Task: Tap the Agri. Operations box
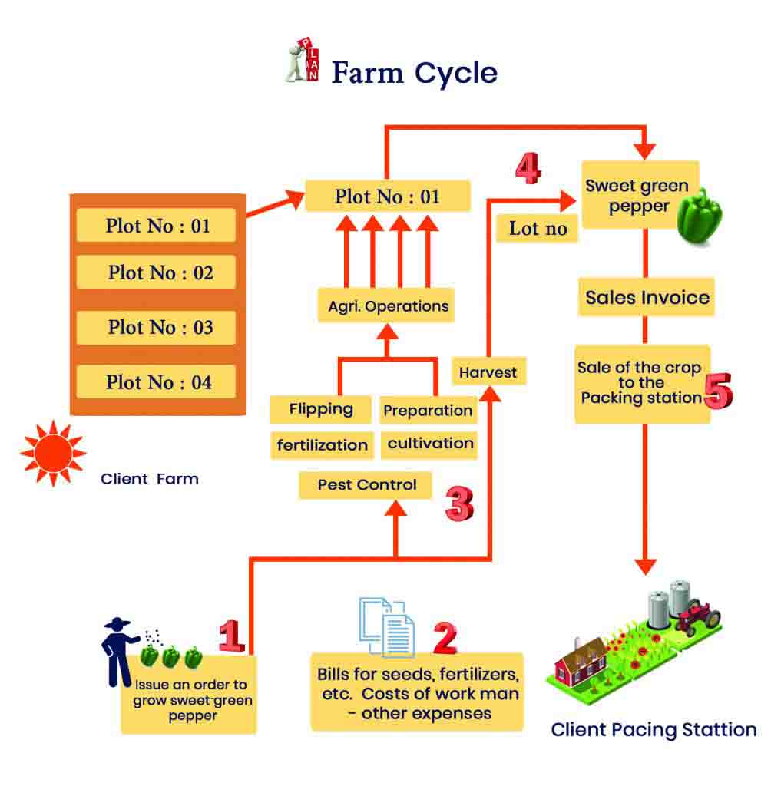pos(388,305)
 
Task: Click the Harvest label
pos(488,373)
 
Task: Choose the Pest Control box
pos(366,485)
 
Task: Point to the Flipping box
pos(321,409)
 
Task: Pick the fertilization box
pos(323,444)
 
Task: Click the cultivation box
pos(430,444)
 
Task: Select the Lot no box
pos(538,229)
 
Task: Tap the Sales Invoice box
pos(647,297)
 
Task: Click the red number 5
pos(718,391)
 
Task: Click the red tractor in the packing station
pos(698,616)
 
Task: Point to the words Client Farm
pos(150,479)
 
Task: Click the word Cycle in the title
pos(456,73)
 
